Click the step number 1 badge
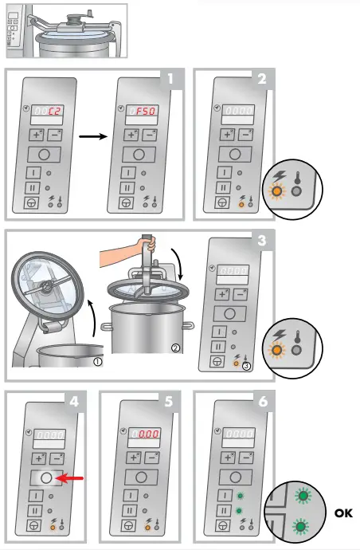pyautogui.click(x=170, y=78)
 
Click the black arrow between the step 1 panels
pyautogui.click(x=93, y=136)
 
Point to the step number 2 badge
pyautogui.click(x=264, y=78)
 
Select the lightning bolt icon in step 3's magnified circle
pyautogui.click(x=279, y=336)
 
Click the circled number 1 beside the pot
pyautogui.click(x=97, y=359)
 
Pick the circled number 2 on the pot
pyautogui.click(x=174, y=348)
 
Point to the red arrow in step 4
pyautogui.click(x=73, y=477)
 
